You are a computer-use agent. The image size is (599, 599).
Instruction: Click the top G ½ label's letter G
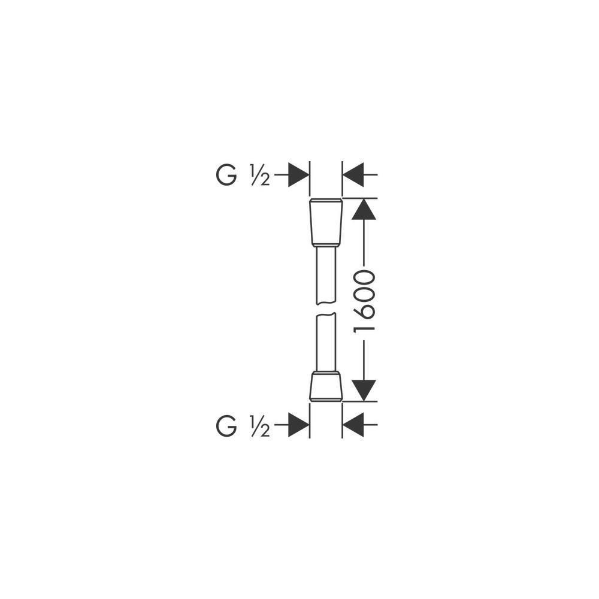(226, 176)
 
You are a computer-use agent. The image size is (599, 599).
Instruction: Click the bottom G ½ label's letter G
(226, 426)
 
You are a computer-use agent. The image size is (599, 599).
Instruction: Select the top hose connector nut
(326, 222)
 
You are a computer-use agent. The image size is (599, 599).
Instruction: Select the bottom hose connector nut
(326, 386)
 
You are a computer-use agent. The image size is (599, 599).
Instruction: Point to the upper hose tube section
(326, 275)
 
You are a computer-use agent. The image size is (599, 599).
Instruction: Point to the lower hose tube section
(326, 342)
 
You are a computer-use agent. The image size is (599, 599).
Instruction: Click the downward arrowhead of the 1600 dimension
(364, 391)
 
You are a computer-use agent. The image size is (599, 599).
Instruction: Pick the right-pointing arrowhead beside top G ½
(298, 174)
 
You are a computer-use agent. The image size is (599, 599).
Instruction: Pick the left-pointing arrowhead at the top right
(353, 174)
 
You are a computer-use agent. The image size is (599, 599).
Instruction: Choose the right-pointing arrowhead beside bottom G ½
(298, 425)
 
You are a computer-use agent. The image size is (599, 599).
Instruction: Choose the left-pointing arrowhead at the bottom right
(353, 425)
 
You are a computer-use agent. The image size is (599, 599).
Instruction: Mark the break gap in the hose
(326, 309)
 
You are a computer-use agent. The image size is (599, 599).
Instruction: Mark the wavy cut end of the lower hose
(326, 314)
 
